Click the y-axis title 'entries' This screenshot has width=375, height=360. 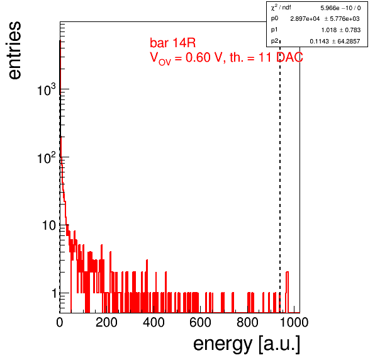click(14, 50)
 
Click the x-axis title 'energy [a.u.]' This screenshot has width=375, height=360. click(247, 344)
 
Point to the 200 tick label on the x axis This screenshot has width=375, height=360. click(106, 322)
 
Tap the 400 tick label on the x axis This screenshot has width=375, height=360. click(154, 322)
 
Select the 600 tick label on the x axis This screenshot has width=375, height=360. click(201, 322)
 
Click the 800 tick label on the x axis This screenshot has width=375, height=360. click(247, 322)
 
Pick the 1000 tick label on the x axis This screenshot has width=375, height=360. click(294, 322)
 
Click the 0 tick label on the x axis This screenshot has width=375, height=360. click(60, 322)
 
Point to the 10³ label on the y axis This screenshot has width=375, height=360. click(47, 89)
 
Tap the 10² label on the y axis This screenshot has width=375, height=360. click(47, 157)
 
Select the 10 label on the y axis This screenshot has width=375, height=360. click(49, 225)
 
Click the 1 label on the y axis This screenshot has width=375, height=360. click(54, 293)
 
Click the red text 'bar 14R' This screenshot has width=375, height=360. click(172, 43)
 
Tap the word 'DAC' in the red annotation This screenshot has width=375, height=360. click(289, 57)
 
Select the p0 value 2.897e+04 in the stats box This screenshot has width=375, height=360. click(305, 19)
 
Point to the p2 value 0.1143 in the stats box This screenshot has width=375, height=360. click(319, 42)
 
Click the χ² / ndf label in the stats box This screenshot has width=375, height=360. click(281, 8)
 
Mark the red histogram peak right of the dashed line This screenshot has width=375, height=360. click(288, 272)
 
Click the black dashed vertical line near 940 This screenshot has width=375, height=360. click(280, 177)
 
